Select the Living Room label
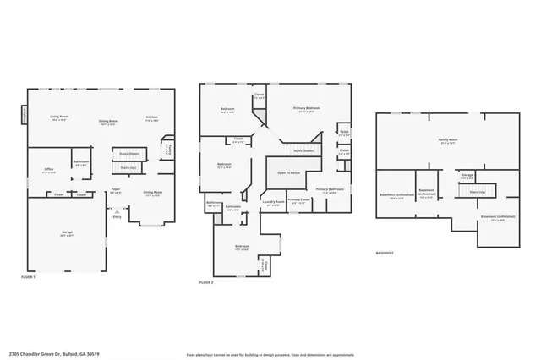pos(58,118)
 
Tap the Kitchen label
pos(151,118)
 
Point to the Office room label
pos(49,171)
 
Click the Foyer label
pos(116,189)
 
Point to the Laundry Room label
pos(273,202)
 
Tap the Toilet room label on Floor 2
pos(344,133)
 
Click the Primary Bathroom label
pos(329,190)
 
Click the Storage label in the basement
pos(467,177)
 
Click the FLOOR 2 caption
pos(206,282)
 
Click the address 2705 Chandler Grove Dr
pos(41,354)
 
